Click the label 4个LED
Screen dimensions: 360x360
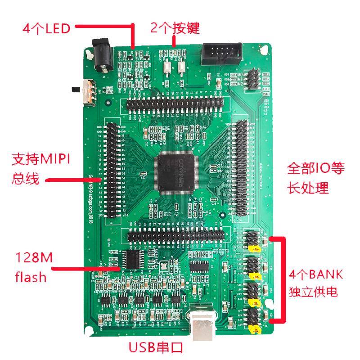[47, 29]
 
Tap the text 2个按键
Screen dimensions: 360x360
[175, 28]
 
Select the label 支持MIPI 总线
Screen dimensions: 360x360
[43, 168]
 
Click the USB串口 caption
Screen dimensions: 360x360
[156, 347]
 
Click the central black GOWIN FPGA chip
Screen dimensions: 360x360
[176, 171]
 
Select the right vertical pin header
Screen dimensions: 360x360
[240, 167]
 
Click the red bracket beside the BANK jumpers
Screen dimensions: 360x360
[282, 279]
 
